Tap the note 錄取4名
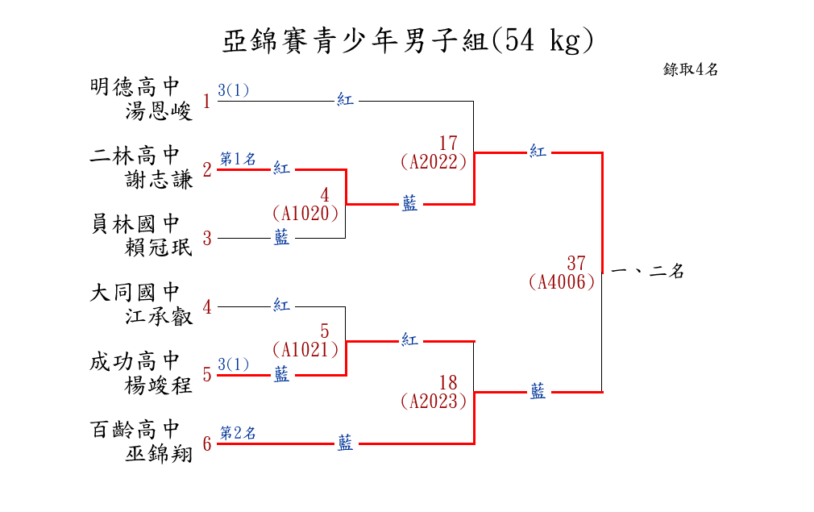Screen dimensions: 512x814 [691, 69]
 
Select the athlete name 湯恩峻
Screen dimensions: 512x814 [160, 110]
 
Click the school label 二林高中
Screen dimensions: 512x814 [135, 154]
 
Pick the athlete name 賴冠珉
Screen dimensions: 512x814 [160, 248]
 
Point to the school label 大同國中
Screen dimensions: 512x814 [135, 292]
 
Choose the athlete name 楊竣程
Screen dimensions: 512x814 [160, 385]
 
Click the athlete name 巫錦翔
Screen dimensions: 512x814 [160, 453]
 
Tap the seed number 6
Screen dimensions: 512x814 [207, 444]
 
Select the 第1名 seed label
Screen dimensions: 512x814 [238, 159]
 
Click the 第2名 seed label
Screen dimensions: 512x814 [238, 433]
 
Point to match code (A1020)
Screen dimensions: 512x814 [305, 213]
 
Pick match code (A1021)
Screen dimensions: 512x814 [305, 350]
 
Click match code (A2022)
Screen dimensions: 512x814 [434, 161]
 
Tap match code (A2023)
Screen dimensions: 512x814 [434, 400]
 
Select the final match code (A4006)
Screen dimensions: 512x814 [563, 281]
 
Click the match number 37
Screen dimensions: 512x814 [575, 263]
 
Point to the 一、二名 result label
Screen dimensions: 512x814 [648, 272]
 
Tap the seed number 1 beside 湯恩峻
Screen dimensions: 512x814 [207, 102]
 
